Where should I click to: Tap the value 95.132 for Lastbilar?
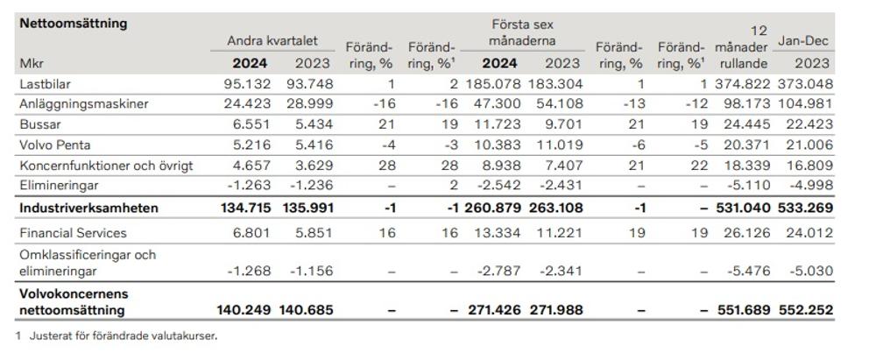[244, 83]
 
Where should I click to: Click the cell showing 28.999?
[309, 103]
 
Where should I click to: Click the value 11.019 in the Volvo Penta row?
[557, 145]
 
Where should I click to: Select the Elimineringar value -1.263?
[244, 186]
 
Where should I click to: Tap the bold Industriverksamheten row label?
[88, 208]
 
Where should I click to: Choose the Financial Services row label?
[73, 233]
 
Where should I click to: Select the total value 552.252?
[805, 309]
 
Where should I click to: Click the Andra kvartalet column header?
[272, 41]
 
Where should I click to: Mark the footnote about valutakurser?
[119, 335]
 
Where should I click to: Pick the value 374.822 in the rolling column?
[745, 83]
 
